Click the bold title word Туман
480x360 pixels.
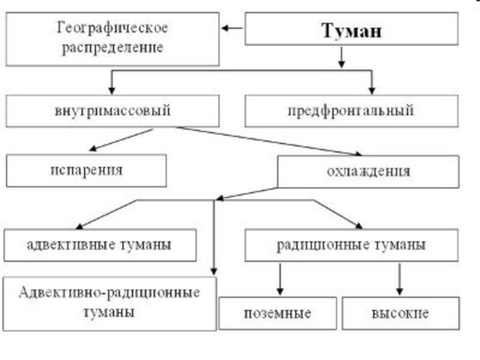click(x=352, y=31)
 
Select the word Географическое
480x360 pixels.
click(x=113, y=28)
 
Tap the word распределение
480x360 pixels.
click(x=112, y=48)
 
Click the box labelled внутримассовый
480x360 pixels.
click(x=113, y=111)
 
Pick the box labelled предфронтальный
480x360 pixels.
click(x=352, y=111)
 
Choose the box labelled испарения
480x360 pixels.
click(x=86, y=170)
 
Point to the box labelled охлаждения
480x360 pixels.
click(x=368, y=172)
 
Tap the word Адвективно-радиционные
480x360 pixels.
click(x=109, y=293)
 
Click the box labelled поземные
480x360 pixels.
click(x=278, y=313)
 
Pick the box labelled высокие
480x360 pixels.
click(x=401, y=313)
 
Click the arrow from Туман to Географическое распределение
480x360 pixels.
click(x=232, y=28)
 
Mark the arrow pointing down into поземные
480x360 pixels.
click(x=280, y=279)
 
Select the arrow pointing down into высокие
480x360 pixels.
click(x=399, y=279)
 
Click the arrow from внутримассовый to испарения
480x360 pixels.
click(x=121, y=140)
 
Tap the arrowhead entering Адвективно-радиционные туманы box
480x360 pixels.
click(x=214, y=272)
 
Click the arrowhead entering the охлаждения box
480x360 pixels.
click(x=358, y=154)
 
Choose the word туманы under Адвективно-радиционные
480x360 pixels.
click(x=109, y=313)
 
